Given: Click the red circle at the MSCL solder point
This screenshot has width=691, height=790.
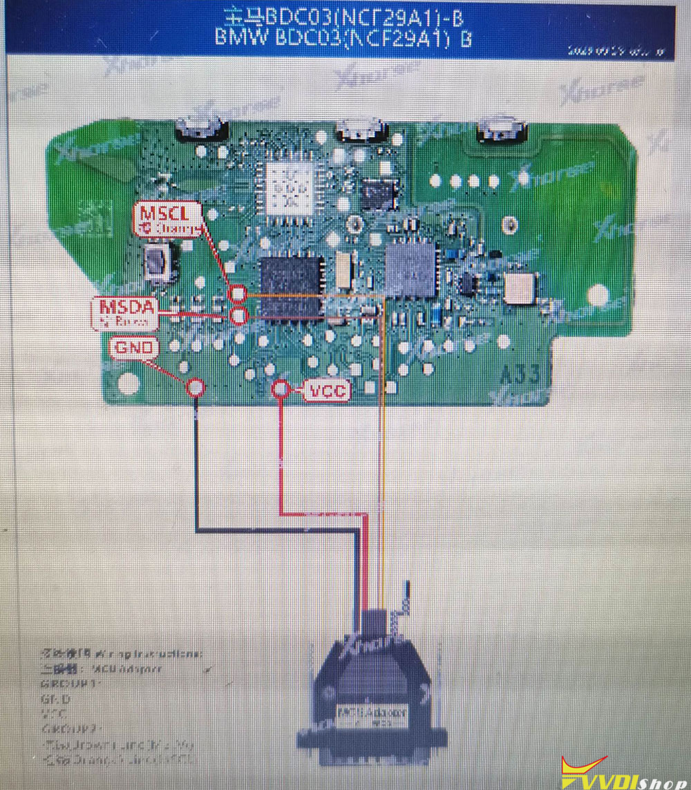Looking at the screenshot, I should (x=238, y=294).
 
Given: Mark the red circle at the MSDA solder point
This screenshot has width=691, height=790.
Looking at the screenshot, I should (x=239, y=317).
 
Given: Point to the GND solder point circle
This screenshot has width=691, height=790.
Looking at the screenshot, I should (x=196, y=388).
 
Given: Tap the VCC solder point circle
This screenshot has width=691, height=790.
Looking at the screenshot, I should (x=280, y=390).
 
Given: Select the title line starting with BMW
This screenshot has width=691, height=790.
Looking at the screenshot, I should (x=343, y=37).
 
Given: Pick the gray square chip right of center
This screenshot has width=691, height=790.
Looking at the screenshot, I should (x=413, y=270).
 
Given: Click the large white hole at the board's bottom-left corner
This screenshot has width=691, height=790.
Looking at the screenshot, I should (x=129, y=383).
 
